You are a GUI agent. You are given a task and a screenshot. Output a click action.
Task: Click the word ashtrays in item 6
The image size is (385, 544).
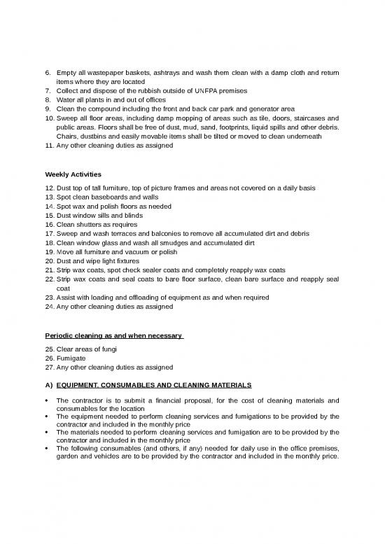pyautogui.click(x=174, y=73)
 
